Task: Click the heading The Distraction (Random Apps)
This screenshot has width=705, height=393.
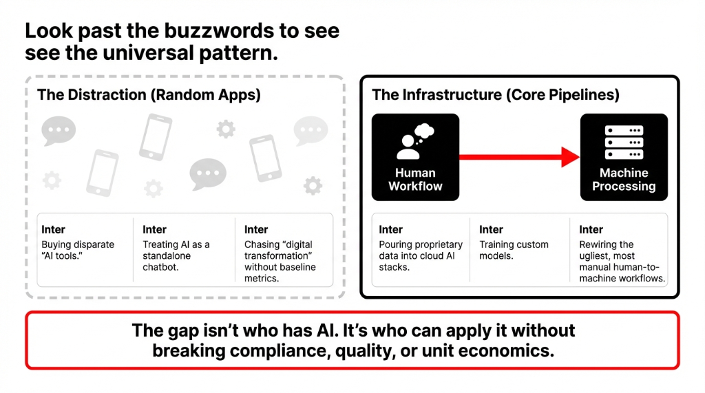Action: click(x=149, y=95)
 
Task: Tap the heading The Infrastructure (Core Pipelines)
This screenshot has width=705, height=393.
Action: click(x=495, y=95)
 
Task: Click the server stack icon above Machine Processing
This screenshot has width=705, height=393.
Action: click(x=623, y=142)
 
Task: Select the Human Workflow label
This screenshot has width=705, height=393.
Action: click(x=415, y=180)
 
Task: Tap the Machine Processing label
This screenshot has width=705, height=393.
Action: click(x=624, y=180)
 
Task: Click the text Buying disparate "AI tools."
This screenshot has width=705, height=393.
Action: click(x=77, y=250)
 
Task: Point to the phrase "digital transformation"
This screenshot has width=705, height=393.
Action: click(x=280, y=250)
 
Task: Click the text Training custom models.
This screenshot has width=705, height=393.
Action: click(x=514, y=250)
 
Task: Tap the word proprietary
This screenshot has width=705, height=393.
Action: click(x=438, y=244)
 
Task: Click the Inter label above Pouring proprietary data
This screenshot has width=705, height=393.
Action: click(x=390, y=229)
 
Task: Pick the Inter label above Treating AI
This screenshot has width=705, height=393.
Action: click(x=154, y=229)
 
